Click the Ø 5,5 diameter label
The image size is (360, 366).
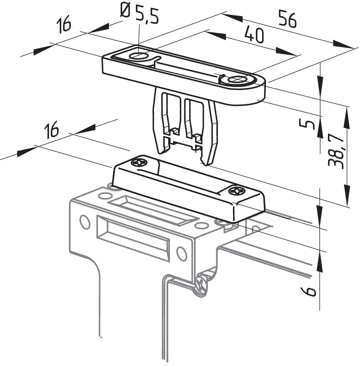pyautogui.click(x=139, y=14)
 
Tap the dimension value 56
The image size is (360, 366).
pyautogui.click(x=288, y=19)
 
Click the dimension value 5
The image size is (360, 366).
pyautogui.click(x=307, y=124)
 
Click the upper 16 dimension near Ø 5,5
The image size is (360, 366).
pyautogui.click(x=63, y=25)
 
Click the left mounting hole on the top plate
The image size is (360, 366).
pyautogui.click(x=138, y=56)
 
